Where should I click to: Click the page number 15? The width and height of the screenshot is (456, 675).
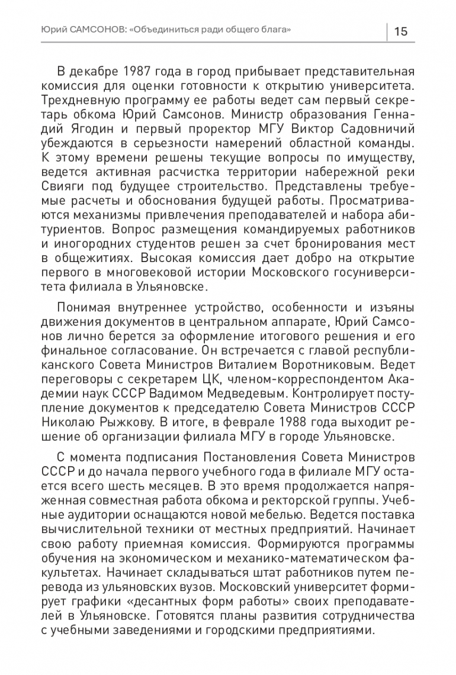point(400,31)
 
